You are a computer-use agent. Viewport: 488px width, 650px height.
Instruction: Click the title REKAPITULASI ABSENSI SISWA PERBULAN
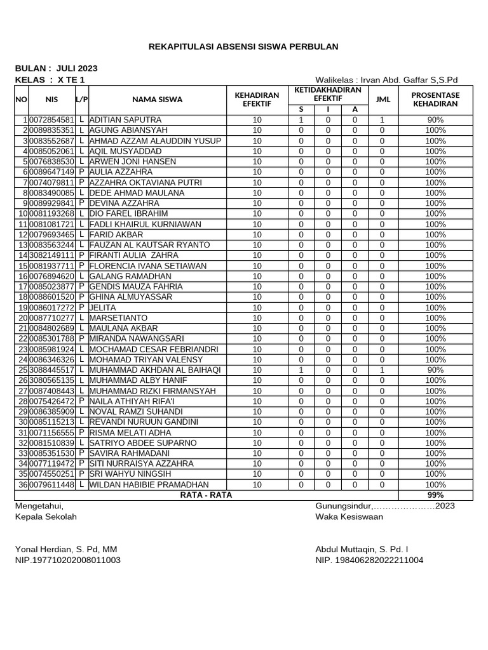pos(243,46)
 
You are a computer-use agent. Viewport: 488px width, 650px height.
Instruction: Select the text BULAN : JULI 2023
pos(56,68)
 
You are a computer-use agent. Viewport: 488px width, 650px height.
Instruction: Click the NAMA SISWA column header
pos(157,99)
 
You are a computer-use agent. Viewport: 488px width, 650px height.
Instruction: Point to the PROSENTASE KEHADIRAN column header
pos(435,99)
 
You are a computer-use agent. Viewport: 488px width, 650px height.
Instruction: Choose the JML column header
pos(383,99)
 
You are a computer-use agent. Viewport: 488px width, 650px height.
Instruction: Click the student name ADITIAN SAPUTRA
pos(125,120)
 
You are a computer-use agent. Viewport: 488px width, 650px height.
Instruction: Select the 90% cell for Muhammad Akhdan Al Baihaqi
pos(435,370)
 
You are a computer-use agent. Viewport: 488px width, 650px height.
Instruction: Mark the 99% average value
pos(435,495)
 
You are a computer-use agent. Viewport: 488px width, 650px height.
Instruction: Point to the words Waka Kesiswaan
pos(349,517)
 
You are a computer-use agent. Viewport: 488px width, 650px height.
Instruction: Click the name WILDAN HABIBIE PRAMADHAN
pos(149,484)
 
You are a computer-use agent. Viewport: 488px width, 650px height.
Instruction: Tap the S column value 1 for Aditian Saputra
pos(302,120)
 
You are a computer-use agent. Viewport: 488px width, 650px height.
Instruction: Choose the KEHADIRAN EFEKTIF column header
pos(257,99)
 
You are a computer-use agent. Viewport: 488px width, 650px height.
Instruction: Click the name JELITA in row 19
pos(103,307)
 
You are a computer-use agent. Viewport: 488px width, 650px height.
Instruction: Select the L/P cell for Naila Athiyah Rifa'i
pos(82,401)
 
